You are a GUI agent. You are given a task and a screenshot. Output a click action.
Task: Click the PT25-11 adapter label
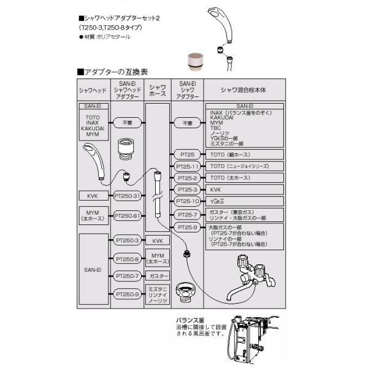pyautogui.click(x=188, y=166)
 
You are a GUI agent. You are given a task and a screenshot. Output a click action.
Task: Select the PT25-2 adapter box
pyautogui.click(x=188, y=178)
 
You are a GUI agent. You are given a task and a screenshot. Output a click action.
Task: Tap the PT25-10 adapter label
pyautogui.click(x=188, y=201)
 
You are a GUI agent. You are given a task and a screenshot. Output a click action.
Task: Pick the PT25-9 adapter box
pyautogui.click(x=188, y=227)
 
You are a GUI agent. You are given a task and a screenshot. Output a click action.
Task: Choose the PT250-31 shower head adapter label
pyautogui.click(x=128, y=196)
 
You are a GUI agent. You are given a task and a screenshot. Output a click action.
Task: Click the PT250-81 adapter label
pyautogui.click(x=128, y=215)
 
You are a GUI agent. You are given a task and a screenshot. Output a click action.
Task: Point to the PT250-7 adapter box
pyautogui.click(x=128, y=277)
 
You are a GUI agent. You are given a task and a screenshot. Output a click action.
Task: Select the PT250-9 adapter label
pyautogui.click(x=128, y=294)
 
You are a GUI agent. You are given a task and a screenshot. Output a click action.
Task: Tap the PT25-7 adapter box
pyautogui.click(x=188, y=214)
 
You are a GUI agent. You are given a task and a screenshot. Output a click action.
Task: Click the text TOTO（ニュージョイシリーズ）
pyautogui.click(x=239, y=166)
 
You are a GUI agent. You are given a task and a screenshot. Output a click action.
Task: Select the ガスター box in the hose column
pyautogui.click(x=158, y=277)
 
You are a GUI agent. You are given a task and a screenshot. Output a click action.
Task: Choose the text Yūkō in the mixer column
pyautogui.click(x=217, y=201)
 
